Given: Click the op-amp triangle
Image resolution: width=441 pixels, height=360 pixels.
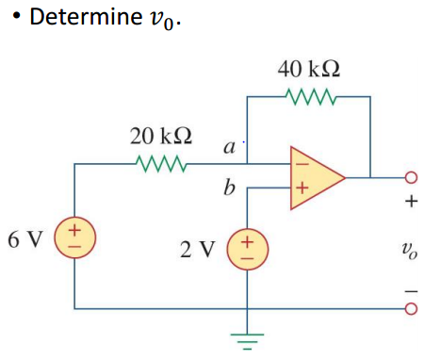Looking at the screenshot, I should click(x=314, y=175).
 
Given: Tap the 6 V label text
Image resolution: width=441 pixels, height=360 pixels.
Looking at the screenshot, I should click(x=25, y=237).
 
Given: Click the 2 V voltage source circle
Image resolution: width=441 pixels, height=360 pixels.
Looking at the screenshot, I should click(x=247, y=248).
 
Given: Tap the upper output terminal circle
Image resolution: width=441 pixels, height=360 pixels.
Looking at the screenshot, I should click(x=411, y=176).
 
